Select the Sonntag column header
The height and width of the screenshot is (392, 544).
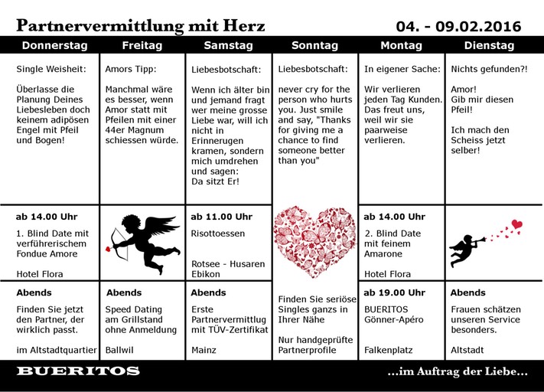coord(314,45)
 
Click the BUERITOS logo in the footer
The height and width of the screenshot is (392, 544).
coord(78,371)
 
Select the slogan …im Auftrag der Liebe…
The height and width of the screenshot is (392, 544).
coord(458,372)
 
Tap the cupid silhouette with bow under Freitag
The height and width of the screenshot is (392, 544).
coord(144,240)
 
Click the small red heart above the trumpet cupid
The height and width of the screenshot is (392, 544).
coord(517,224)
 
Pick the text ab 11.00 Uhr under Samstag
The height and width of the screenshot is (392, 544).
coord(221,217)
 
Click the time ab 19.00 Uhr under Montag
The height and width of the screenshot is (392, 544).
coord(394,292)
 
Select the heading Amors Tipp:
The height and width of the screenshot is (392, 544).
coord(130,69)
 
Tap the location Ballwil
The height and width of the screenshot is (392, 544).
coord(121,350)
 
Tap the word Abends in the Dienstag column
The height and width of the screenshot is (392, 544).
coord(467,292)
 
